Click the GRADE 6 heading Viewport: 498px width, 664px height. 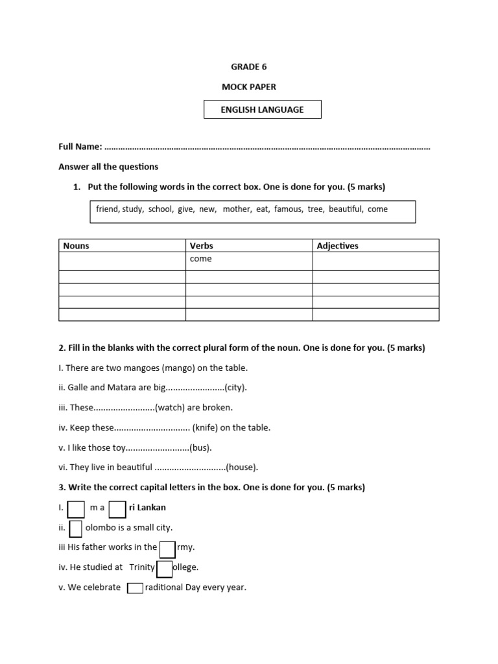coord(249,67)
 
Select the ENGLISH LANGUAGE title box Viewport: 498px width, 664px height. coord(262,110)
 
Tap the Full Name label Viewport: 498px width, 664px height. coord(80,148)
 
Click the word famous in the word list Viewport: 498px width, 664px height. coord(288,209)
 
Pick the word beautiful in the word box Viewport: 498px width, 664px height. coord(346,209)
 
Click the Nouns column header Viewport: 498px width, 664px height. coord(77,246)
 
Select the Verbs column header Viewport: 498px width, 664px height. coord(201,246)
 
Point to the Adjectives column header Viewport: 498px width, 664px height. coord(337,246)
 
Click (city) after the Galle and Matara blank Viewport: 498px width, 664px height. coord(235,388)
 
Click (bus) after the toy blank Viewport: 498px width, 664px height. coord(200,447)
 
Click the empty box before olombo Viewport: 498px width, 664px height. coord(75,529)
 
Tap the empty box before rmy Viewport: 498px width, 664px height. coord(167,549)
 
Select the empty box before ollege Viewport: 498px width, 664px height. coord(165,569)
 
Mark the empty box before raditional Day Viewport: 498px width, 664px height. coord(135,588)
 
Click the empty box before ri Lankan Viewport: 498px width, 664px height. coord(117,509)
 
